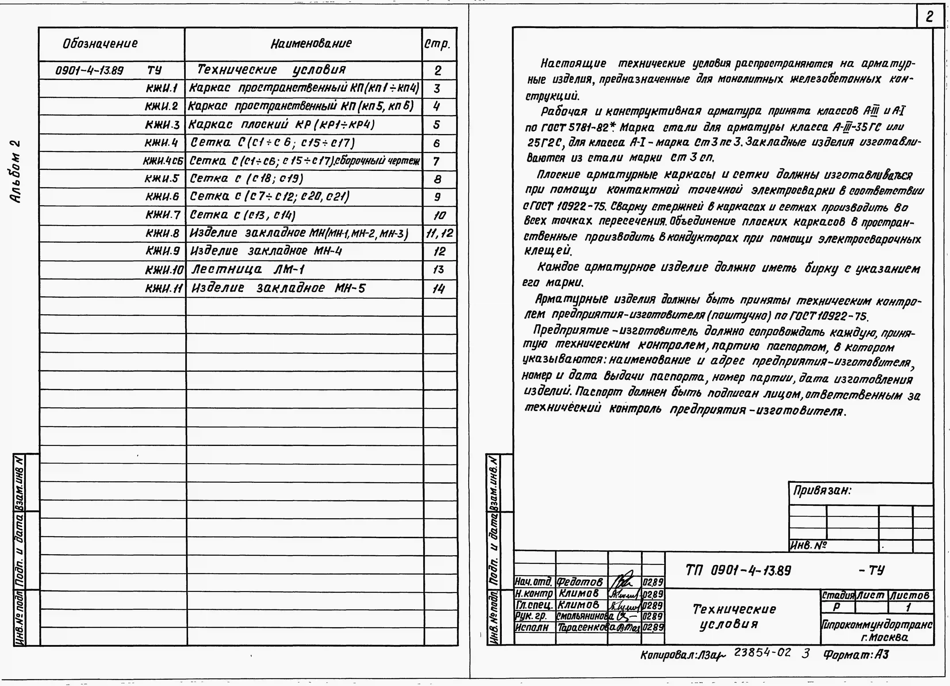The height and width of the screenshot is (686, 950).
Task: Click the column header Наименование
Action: point(311,44)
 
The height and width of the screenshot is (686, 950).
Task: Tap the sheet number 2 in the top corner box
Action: point(929,17)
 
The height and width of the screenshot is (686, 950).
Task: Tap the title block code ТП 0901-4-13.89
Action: point(738,570)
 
